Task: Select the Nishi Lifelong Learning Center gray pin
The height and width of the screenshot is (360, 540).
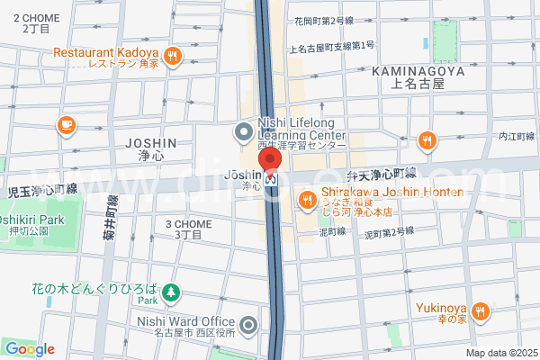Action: (242, 133)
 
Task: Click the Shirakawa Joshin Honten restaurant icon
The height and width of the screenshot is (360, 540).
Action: (307, 199)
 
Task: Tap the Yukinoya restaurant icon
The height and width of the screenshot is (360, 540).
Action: (481, 311)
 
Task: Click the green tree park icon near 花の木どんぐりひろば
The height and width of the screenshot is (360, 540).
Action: (170, 292)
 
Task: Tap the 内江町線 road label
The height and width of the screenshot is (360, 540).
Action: (517, 137)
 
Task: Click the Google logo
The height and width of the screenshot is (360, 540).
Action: (29, 349)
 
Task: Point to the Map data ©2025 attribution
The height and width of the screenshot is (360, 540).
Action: (500, 352)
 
